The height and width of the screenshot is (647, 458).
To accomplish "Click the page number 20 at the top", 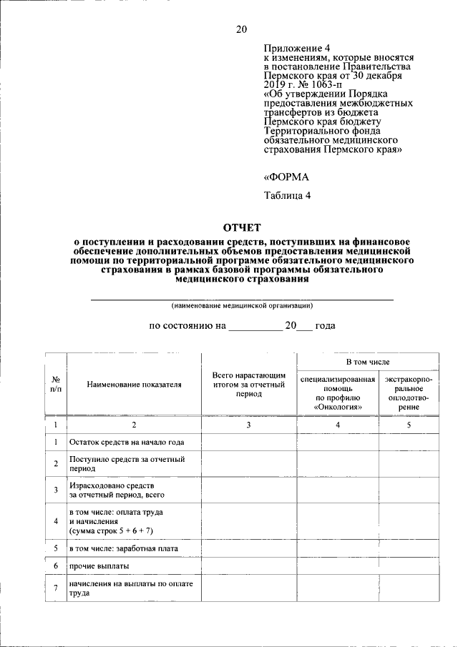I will [x=241, y=29].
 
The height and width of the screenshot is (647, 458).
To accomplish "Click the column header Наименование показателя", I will [x=135, y=384].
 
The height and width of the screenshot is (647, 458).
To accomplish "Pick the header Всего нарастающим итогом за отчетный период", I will [x=249, y=384].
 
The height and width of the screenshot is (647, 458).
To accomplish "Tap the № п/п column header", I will [x=56, y=384].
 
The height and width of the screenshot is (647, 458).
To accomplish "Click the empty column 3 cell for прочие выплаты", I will [x=249, y=566].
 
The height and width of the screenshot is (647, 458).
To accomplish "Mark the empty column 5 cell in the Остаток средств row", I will [x=409, y=442].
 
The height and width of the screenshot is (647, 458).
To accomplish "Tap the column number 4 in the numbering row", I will [x=338, y=425].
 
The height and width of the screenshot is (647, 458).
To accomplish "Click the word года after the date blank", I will [x=326, y=325].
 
